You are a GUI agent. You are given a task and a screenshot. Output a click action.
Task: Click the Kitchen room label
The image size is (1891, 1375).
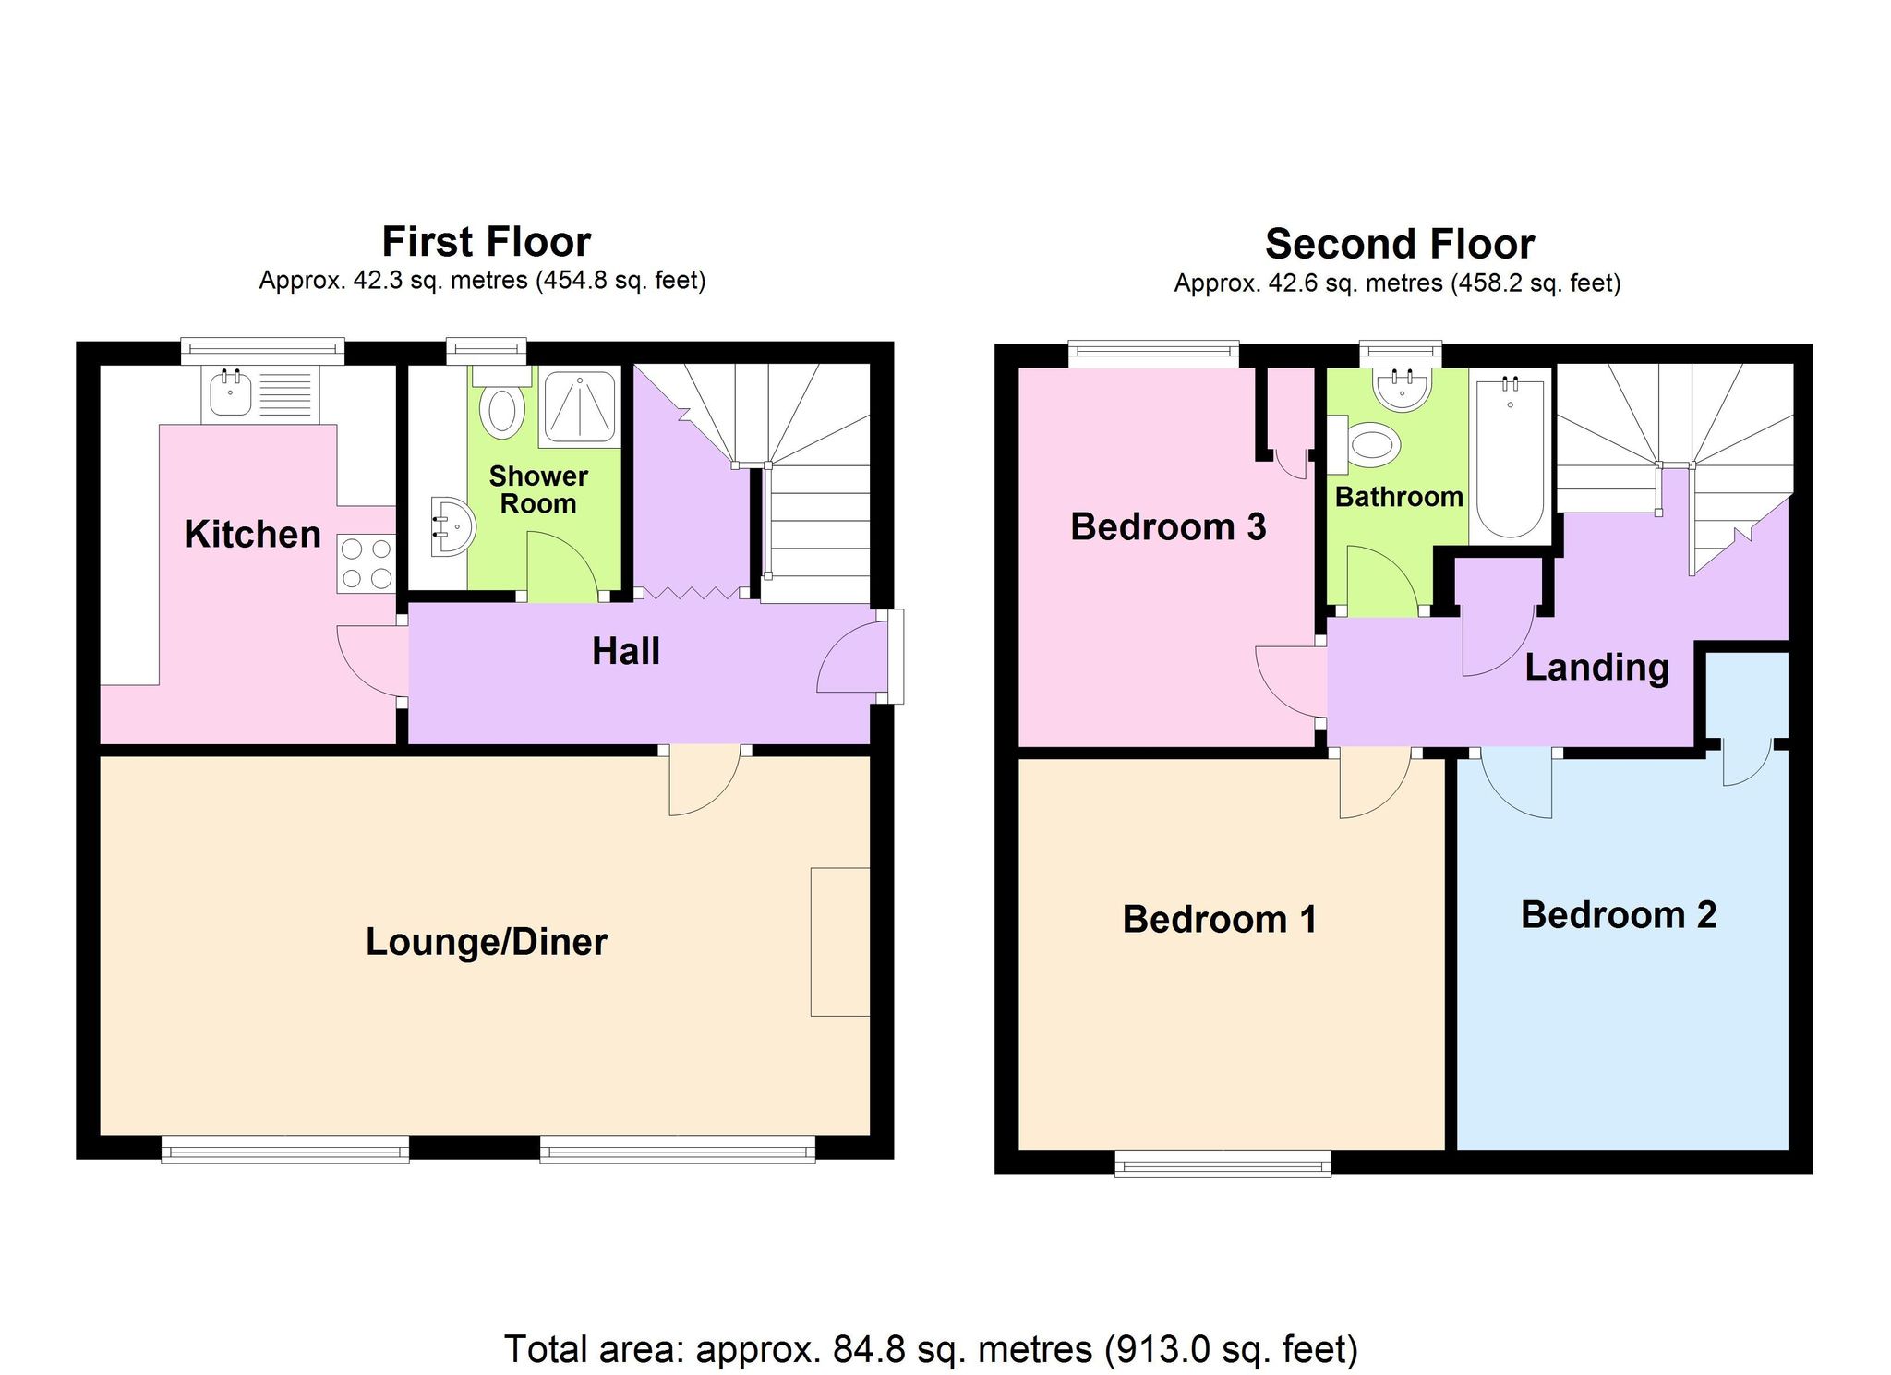[252, 535]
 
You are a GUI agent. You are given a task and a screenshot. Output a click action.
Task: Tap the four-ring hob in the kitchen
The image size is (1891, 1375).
[366, 563]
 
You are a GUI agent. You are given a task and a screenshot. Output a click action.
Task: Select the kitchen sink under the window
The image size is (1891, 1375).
[230, 392]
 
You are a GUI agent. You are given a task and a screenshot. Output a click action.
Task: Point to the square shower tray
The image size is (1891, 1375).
[580, 406]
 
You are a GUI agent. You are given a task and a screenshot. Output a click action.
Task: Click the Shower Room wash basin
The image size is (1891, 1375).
[452, 527]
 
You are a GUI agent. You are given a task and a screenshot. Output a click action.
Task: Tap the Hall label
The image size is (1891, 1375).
[625, 652]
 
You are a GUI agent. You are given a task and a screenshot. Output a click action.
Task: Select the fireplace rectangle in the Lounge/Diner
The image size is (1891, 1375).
[839, 941]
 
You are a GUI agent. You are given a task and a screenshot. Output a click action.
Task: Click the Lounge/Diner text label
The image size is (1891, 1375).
[487, 942]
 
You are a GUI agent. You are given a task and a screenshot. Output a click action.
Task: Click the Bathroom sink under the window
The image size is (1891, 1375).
[1402, 388]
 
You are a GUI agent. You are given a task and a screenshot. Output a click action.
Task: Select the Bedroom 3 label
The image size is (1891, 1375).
[1168, 527]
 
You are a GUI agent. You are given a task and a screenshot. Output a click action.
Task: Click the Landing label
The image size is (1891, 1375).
[1596, 668]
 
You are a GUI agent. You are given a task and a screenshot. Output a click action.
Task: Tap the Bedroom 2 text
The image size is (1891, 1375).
[1618, 915]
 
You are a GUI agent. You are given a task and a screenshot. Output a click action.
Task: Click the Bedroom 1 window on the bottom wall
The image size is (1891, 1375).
[1223, 1163]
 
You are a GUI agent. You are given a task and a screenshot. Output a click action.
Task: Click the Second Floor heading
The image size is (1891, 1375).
[1399, 245]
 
